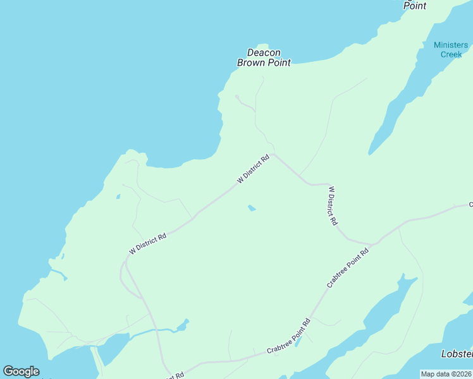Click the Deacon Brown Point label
tap(264, 57)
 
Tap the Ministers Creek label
tap(451, 49)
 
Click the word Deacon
tap(264, 52)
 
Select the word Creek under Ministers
tap(451, 54)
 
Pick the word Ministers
tap(451, 45)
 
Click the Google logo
tap(21, 371)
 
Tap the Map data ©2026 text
tap(446, 374)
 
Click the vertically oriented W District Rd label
tap(333, 206)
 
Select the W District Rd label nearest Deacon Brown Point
tap(254, 169)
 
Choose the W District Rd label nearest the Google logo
tap(147, 243)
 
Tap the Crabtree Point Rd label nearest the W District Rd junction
tap(348, 268)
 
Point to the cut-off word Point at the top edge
tap(415, 5)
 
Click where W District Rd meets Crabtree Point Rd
tap(373, 244)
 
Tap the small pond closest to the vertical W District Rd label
tap(252, 208)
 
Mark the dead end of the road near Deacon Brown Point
tap(236, 97)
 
